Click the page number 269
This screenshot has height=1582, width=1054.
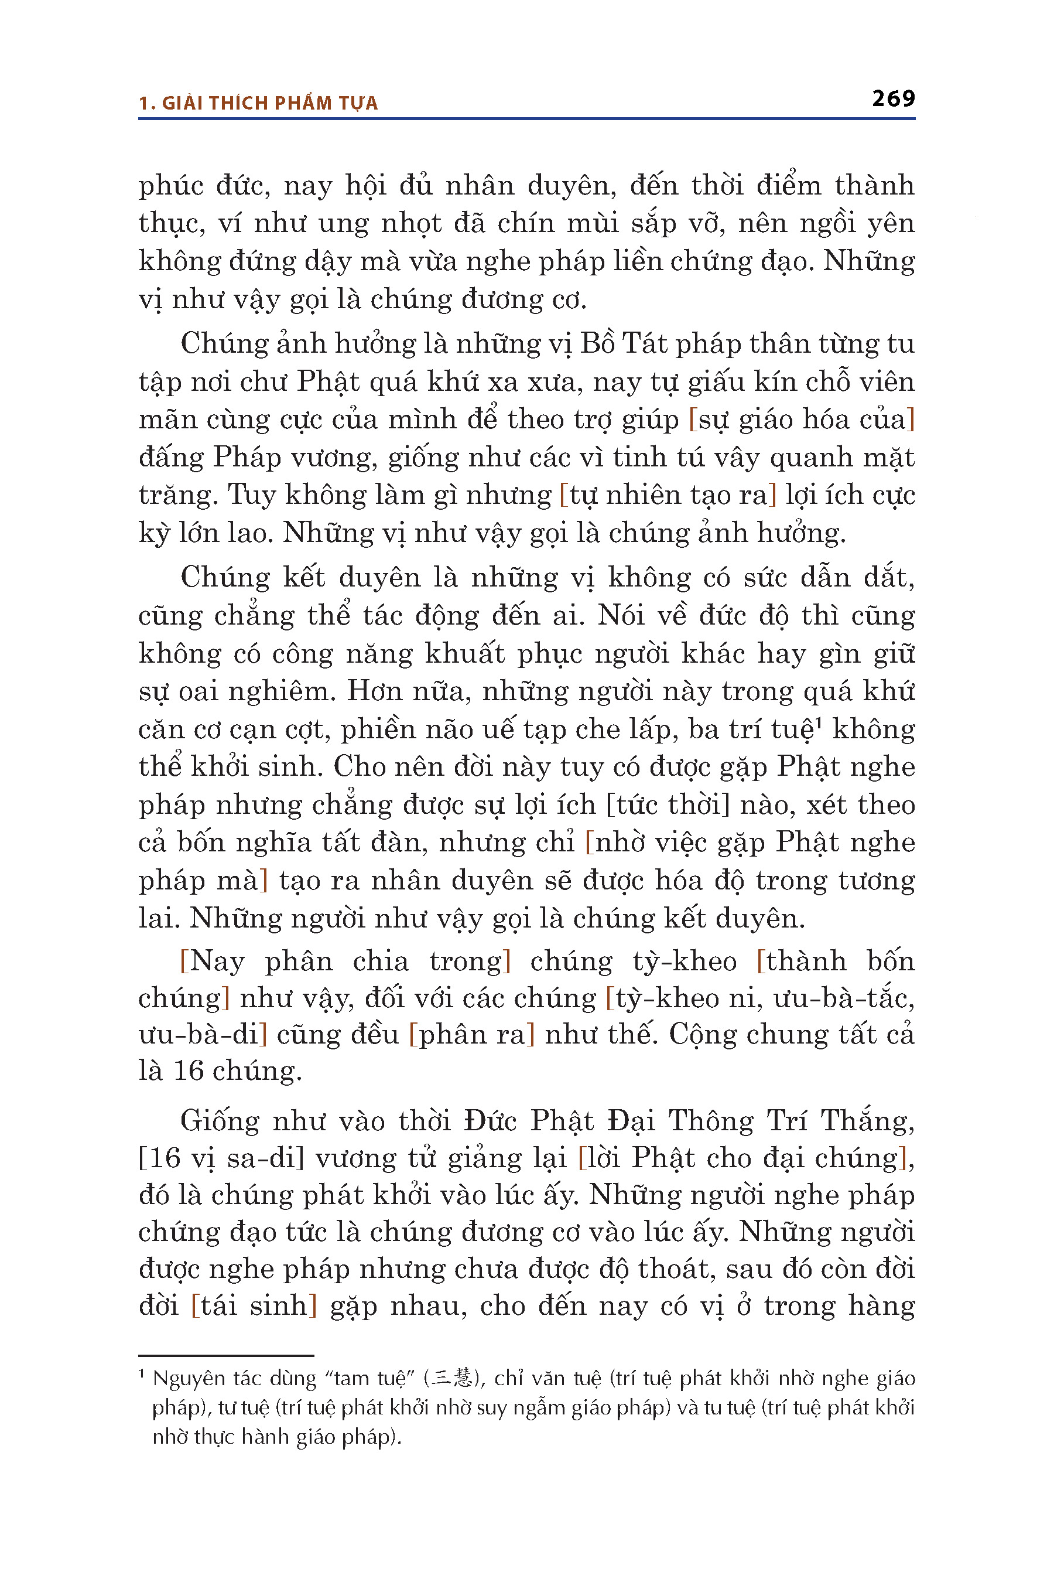(894, 99)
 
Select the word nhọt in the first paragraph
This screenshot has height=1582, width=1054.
(410, 224)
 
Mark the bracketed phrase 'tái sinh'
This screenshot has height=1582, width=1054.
(254, 1306)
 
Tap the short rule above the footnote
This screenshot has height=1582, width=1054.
(226, 1355)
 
